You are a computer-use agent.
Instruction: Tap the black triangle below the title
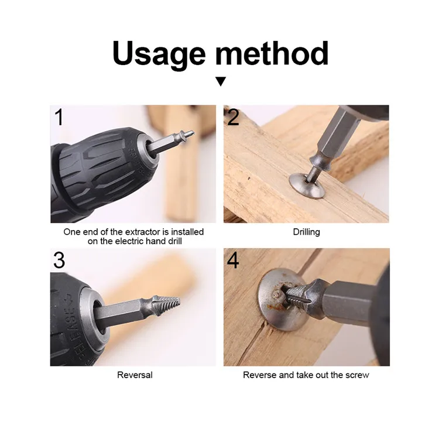[x=220, y=81]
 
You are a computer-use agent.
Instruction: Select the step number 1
[x=59, y=118]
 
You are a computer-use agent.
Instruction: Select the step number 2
[x=233, y=118]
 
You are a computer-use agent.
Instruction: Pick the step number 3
[x=59, y=260]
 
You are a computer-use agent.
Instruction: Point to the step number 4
[x=233, y=260]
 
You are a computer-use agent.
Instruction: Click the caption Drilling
[x=306, y=232]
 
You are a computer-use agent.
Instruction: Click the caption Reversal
[x=135, y=375]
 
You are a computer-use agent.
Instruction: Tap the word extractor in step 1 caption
[x=131, y=232]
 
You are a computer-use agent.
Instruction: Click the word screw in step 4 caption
[x=357, y=375]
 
